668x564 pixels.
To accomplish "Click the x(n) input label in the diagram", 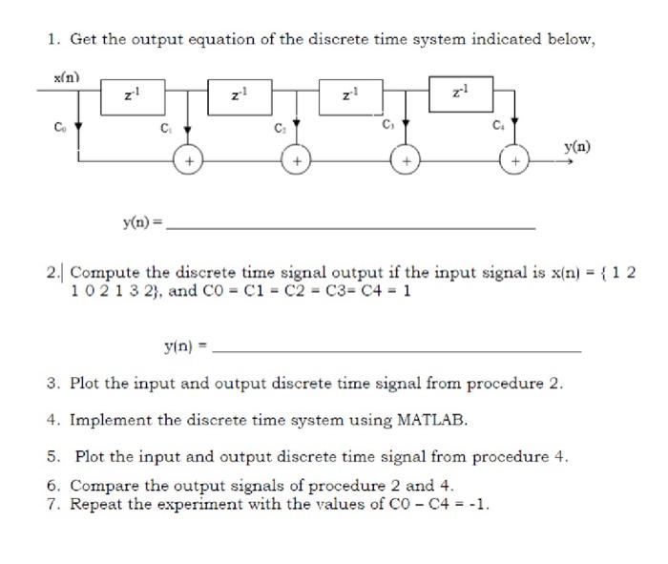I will (65, 77).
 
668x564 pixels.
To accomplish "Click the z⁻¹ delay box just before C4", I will (461, 93).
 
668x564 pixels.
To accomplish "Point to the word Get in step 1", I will (83, 39).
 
